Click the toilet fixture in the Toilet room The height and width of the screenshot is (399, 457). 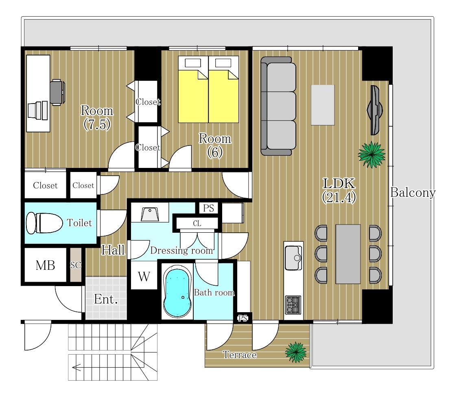[x=44, y=223]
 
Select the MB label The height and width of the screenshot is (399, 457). [x=45, y=265]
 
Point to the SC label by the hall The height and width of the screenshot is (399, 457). [x=75, y=265]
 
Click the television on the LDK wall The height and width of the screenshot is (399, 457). [x=375, y=110]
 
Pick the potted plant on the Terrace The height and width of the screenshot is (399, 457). [x=296, y=352]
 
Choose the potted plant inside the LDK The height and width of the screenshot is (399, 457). [x=372, y=155]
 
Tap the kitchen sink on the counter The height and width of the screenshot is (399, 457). [x=293, y=258]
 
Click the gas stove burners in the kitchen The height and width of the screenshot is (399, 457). [x=293, y=305]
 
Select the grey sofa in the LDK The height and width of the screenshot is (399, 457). [x=278, y=106]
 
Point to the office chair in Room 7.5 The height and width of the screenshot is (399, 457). [x=57, y=92]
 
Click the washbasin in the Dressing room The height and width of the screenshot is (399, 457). [x=150, y=214]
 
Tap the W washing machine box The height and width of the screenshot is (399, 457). [x=144, y=276]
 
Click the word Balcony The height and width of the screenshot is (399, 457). [x=413, y=193]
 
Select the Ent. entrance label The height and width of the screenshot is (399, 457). [x=106, y=299]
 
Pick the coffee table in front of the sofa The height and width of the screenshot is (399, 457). [x=323, y=105]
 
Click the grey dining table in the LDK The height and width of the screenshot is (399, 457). [x=348, y=254]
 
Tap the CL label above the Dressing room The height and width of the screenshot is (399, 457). [x=197, y=224]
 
